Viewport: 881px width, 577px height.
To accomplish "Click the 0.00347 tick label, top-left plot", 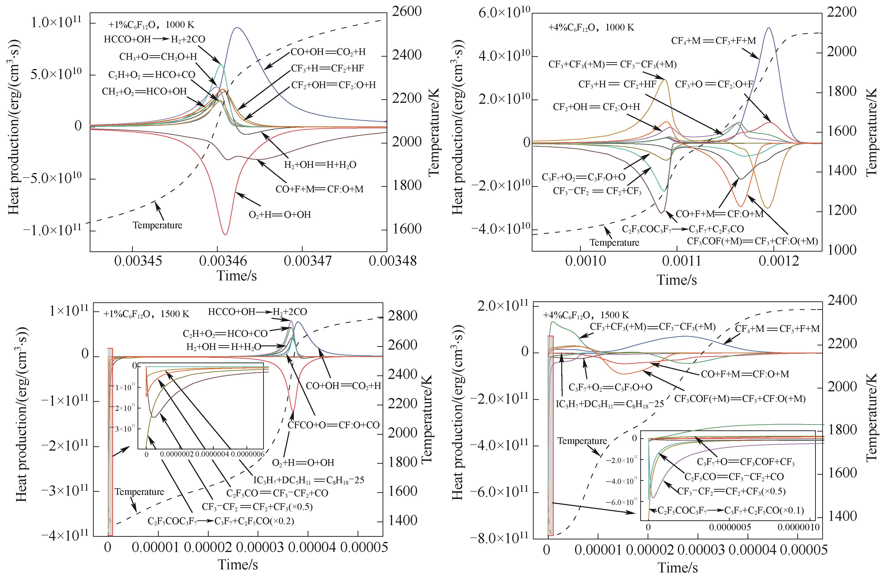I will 308,261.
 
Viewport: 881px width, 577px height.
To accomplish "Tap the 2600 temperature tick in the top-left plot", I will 406,11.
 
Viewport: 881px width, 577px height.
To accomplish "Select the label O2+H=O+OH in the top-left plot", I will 280,215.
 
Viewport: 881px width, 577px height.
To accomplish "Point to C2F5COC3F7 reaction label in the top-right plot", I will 683,229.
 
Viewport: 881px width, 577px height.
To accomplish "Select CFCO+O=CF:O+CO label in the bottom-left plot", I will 334,425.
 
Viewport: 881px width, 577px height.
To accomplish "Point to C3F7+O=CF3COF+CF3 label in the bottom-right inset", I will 746,462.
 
